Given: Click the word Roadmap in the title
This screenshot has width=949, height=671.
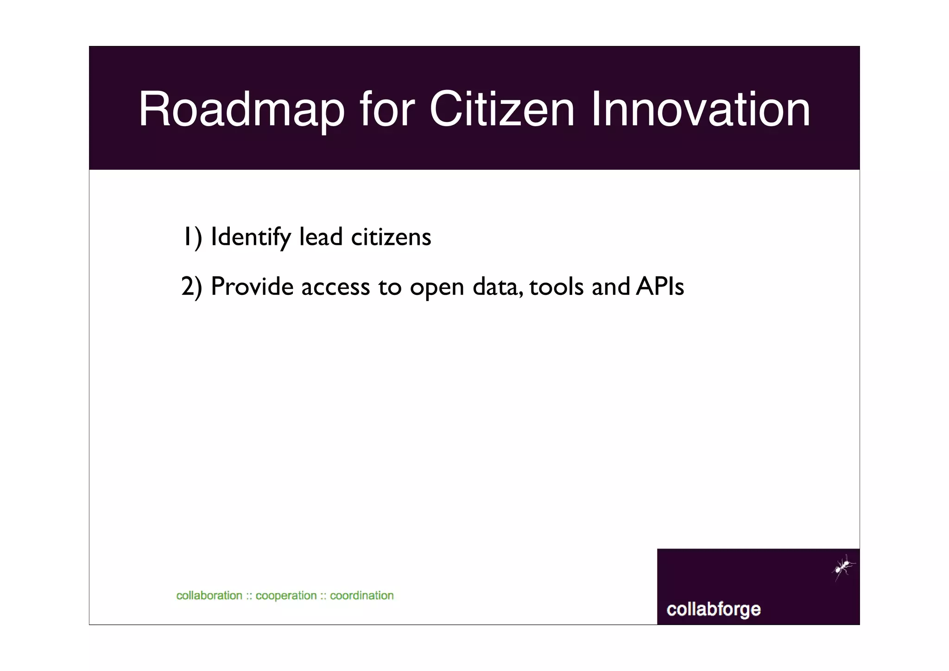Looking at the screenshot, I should click(x=241, y=110).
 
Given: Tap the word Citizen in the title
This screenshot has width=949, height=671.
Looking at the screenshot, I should click(x=502, y=110).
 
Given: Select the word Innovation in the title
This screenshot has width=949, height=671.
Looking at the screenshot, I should click(x=701, y=110).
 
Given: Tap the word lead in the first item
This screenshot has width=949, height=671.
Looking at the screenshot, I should click(x=321, y=237).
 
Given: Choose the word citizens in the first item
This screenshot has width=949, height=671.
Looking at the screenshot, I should click(x=391, y=237).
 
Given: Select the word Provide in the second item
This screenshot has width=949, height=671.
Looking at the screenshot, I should click(x=252, y=287).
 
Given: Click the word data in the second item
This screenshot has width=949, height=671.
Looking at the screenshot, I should click(x=497, y=287).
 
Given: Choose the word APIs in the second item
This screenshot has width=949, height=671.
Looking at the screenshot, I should click(x=660, y=286).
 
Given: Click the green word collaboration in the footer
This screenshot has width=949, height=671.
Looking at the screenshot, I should click(x=209, y=595).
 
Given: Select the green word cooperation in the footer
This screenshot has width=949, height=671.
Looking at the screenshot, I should click(x=286, y=596).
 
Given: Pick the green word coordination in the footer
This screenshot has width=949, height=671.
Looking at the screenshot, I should click(x=361, y=595).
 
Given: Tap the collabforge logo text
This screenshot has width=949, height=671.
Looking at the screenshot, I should click(x=713, y=609).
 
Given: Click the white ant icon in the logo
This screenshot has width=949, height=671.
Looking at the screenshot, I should click(x=843, y=567).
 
